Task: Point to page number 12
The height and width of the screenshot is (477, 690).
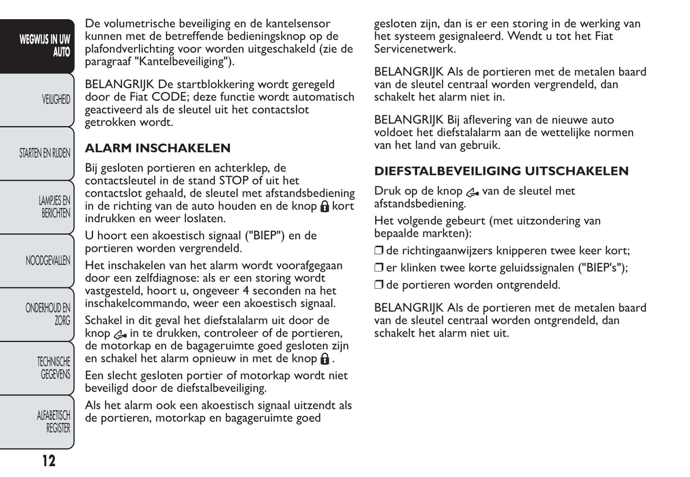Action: (49, 461)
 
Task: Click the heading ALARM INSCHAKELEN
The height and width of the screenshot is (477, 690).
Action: (158, 148)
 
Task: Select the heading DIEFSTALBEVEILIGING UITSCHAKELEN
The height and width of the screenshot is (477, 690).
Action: (501, 171)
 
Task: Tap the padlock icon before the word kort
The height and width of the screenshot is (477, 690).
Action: (325, 206)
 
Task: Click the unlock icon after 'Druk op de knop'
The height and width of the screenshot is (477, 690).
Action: (472, 192)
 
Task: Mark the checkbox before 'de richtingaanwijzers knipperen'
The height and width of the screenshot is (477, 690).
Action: (379, 251)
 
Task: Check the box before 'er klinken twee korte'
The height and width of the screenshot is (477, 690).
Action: (379, 268)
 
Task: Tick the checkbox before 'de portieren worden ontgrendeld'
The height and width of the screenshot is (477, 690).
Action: (379, 285)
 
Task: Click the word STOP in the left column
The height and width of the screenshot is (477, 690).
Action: (234, 181)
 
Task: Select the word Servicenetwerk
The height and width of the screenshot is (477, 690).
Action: (415, 49)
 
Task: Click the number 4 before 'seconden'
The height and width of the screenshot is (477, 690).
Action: (245, 291)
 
